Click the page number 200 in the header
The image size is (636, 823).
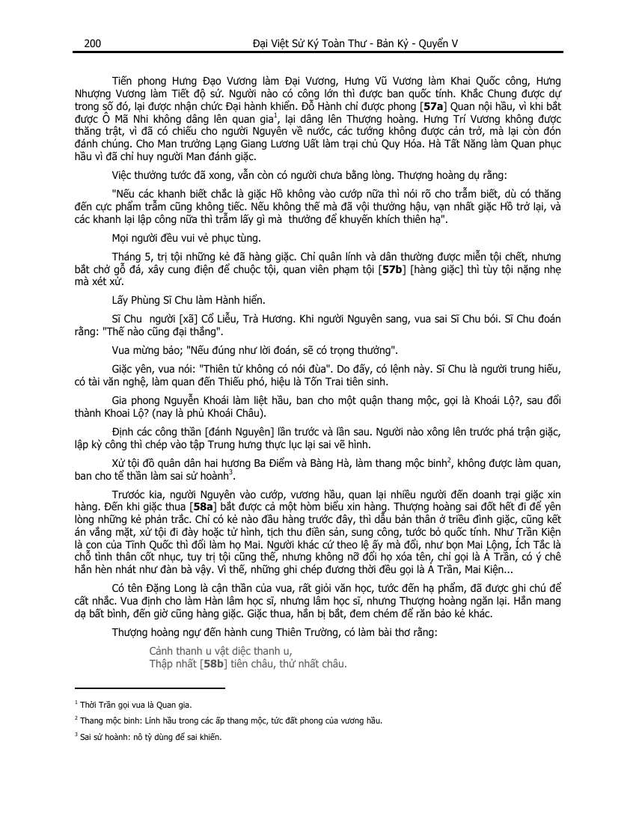(x=93, y=43)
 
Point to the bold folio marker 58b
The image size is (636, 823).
(x=214, y=664)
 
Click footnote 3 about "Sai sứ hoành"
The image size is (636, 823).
(x=150, y=736)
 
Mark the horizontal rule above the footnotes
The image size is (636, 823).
(x=150, y=688)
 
